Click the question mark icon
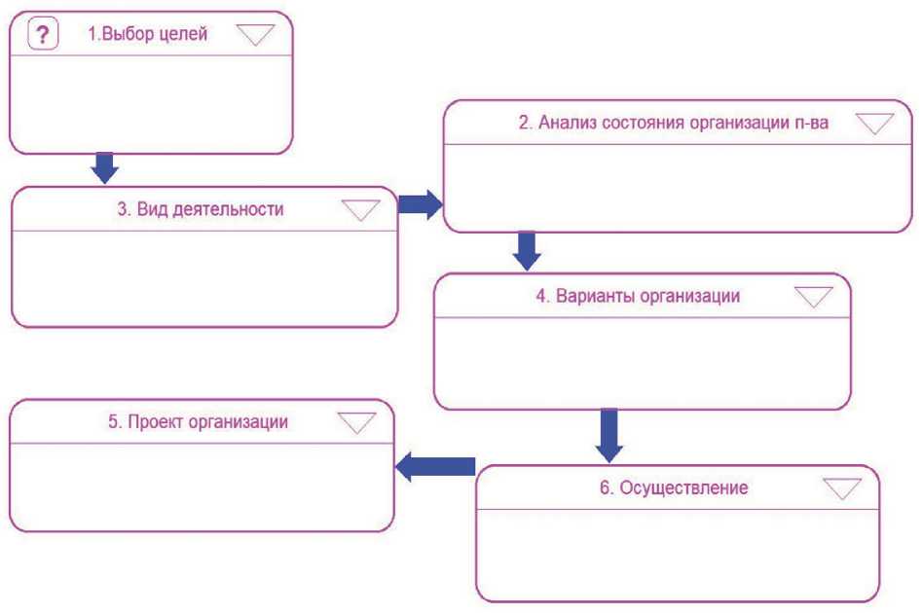(41, 35)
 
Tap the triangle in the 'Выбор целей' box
(256, 35)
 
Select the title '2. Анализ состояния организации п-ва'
(673, 124)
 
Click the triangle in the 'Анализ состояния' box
(873, 124)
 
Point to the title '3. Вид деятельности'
(208, 209)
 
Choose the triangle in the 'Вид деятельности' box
(361, 210)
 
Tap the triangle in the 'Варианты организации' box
(814, 297)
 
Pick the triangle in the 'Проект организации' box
(355, 422)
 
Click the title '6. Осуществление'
(674, 487)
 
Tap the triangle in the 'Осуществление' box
(842, 487)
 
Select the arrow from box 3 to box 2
(420, 204)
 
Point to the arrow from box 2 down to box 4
(527, 251)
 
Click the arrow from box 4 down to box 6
(609, 435)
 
